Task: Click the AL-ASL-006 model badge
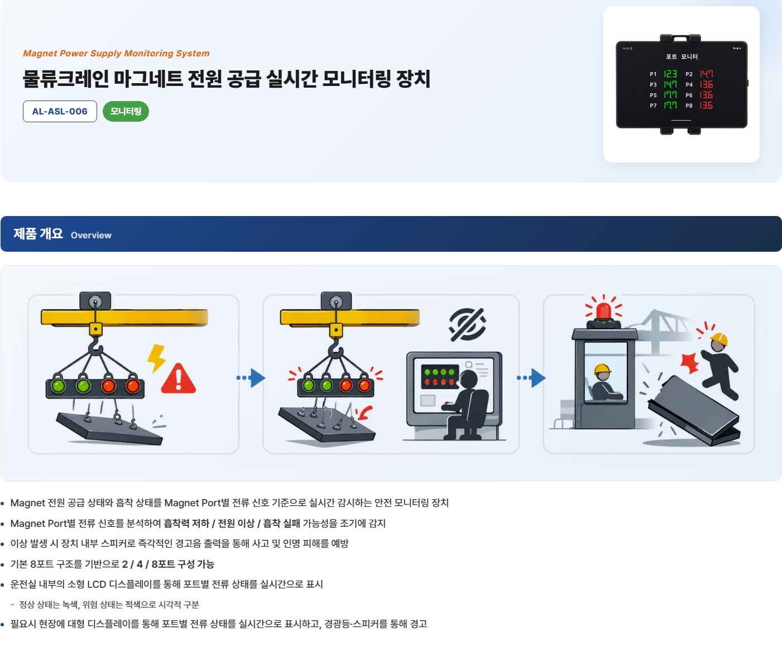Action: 60,111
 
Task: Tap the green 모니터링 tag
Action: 126,111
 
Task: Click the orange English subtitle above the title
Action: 116,53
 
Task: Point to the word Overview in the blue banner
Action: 91,235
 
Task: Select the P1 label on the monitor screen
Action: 653,74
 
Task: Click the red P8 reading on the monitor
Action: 706,106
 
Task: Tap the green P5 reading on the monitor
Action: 670,95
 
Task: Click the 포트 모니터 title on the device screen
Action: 682,56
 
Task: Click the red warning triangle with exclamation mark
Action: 178,379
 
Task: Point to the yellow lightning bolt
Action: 156,358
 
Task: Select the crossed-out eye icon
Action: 467,324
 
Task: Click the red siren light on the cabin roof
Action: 603,311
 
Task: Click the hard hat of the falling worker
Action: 719,339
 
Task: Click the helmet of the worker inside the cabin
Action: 603,369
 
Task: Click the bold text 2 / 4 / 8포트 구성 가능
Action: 168,564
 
